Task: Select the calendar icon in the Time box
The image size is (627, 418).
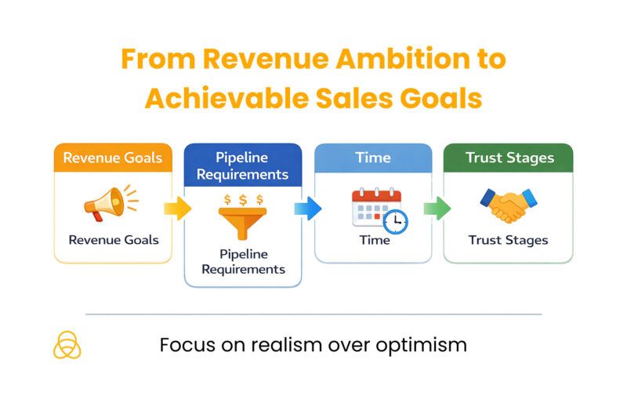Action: pos(375,208)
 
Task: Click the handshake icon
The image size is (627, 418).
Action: pos(508,205)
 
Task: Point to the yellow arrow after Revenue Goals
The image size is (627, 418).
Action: pos(178,208)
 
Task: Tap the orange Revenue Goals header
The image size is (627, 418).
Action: pos(113,158)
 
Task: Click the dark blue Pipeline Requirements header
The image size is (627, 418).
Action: pos(242,165)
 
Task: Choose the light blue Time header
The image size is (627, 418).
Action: pos(373,158)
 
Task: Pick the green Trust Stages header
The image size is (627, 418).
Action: pos(508,158)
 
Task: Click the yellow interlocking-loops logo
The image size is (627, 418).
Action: pos(67,345)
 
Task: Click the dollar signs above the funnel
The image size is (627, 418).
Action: pos(242,200)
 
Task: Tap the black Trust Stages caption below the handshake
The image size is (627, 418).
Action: pos(508,240)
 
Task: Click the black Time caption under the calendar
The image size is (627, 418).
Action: pos(374,240)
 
